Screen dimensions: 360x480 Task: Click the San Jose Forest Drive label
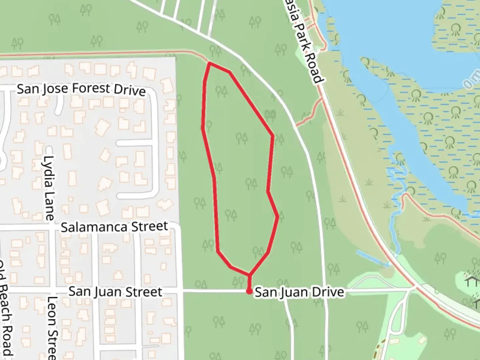tap(81, 89)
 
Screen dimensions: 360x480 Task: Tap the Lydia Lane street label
tap(49, 188)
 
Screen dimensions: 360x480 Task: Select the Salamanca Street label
tap(114, 227)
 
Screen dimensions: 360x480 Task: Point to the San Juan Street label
tap(115, 292)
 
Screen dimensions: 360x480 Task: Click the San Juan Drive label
tap(299, 292)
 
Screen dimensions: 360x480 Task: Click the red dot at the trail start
tap(249, 291)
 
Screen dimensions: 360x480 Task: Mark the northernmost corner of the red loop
tap(209, 63)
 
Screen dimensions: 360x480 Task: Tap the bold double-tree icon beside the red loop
tap(270, 115)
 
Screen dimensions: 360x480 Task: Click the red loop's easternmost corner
tap(278, 217)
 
